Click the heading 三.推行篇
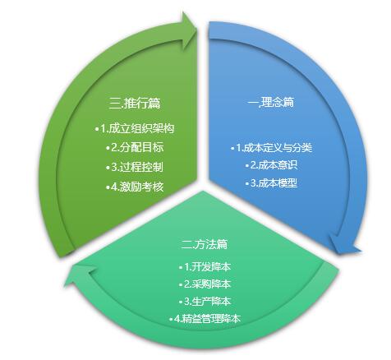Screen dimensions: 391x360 tap(135, 104)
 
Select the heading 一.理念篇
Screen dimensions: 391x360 tap(271, 102)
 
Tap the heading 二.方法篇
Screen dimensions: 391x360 tap(205, 244)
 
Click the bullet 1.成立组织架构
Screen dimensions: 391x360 tap(135, 128)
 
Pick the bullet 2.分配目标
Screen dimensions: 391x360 tap(135, 148)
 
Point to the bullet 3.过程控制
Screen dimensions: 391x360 tap(135, 167)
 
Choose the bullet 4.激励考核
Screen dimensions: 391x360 tap(135, 187)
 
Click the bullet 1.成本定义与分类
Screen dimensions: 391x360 tap(271, 148)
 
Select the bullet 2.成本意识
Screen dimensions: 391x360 tap(271, 165)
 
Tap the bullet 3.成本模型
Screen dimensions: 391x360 tap(271, 183)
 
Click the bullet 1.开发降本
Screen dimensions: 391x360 tap(205, 266)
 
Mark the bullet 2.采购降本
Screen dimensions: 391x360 tap(205, 284)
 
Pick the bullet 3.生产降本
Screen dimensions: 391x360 tap(205, 302)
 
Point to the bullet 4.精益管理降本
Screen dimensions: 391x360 tap(205, 319)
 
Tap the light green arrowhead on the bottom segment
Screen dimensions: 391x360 tap(80, 276)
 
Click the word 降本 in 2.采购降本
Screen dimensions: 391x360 tap(221, 284)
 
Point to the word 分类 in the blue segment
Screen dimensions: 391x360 tap(302, 148)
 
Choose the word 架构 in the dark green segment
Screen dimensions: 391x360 tap(164, 128)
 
